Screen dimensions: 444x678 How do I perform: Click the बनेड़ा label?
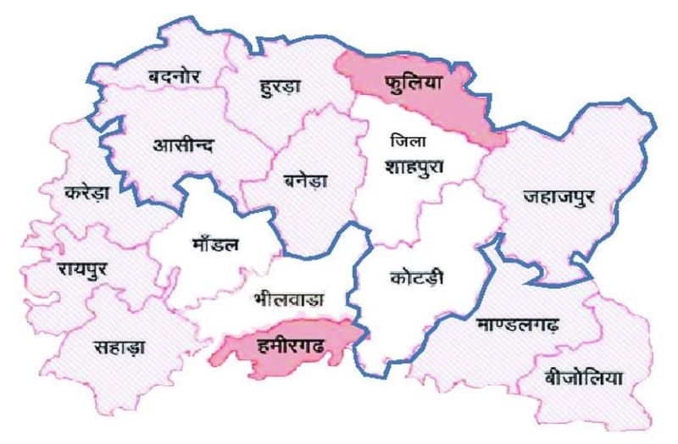(308, 180)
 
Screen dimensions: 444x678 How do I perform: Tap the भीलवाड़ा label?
(288, 299)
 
